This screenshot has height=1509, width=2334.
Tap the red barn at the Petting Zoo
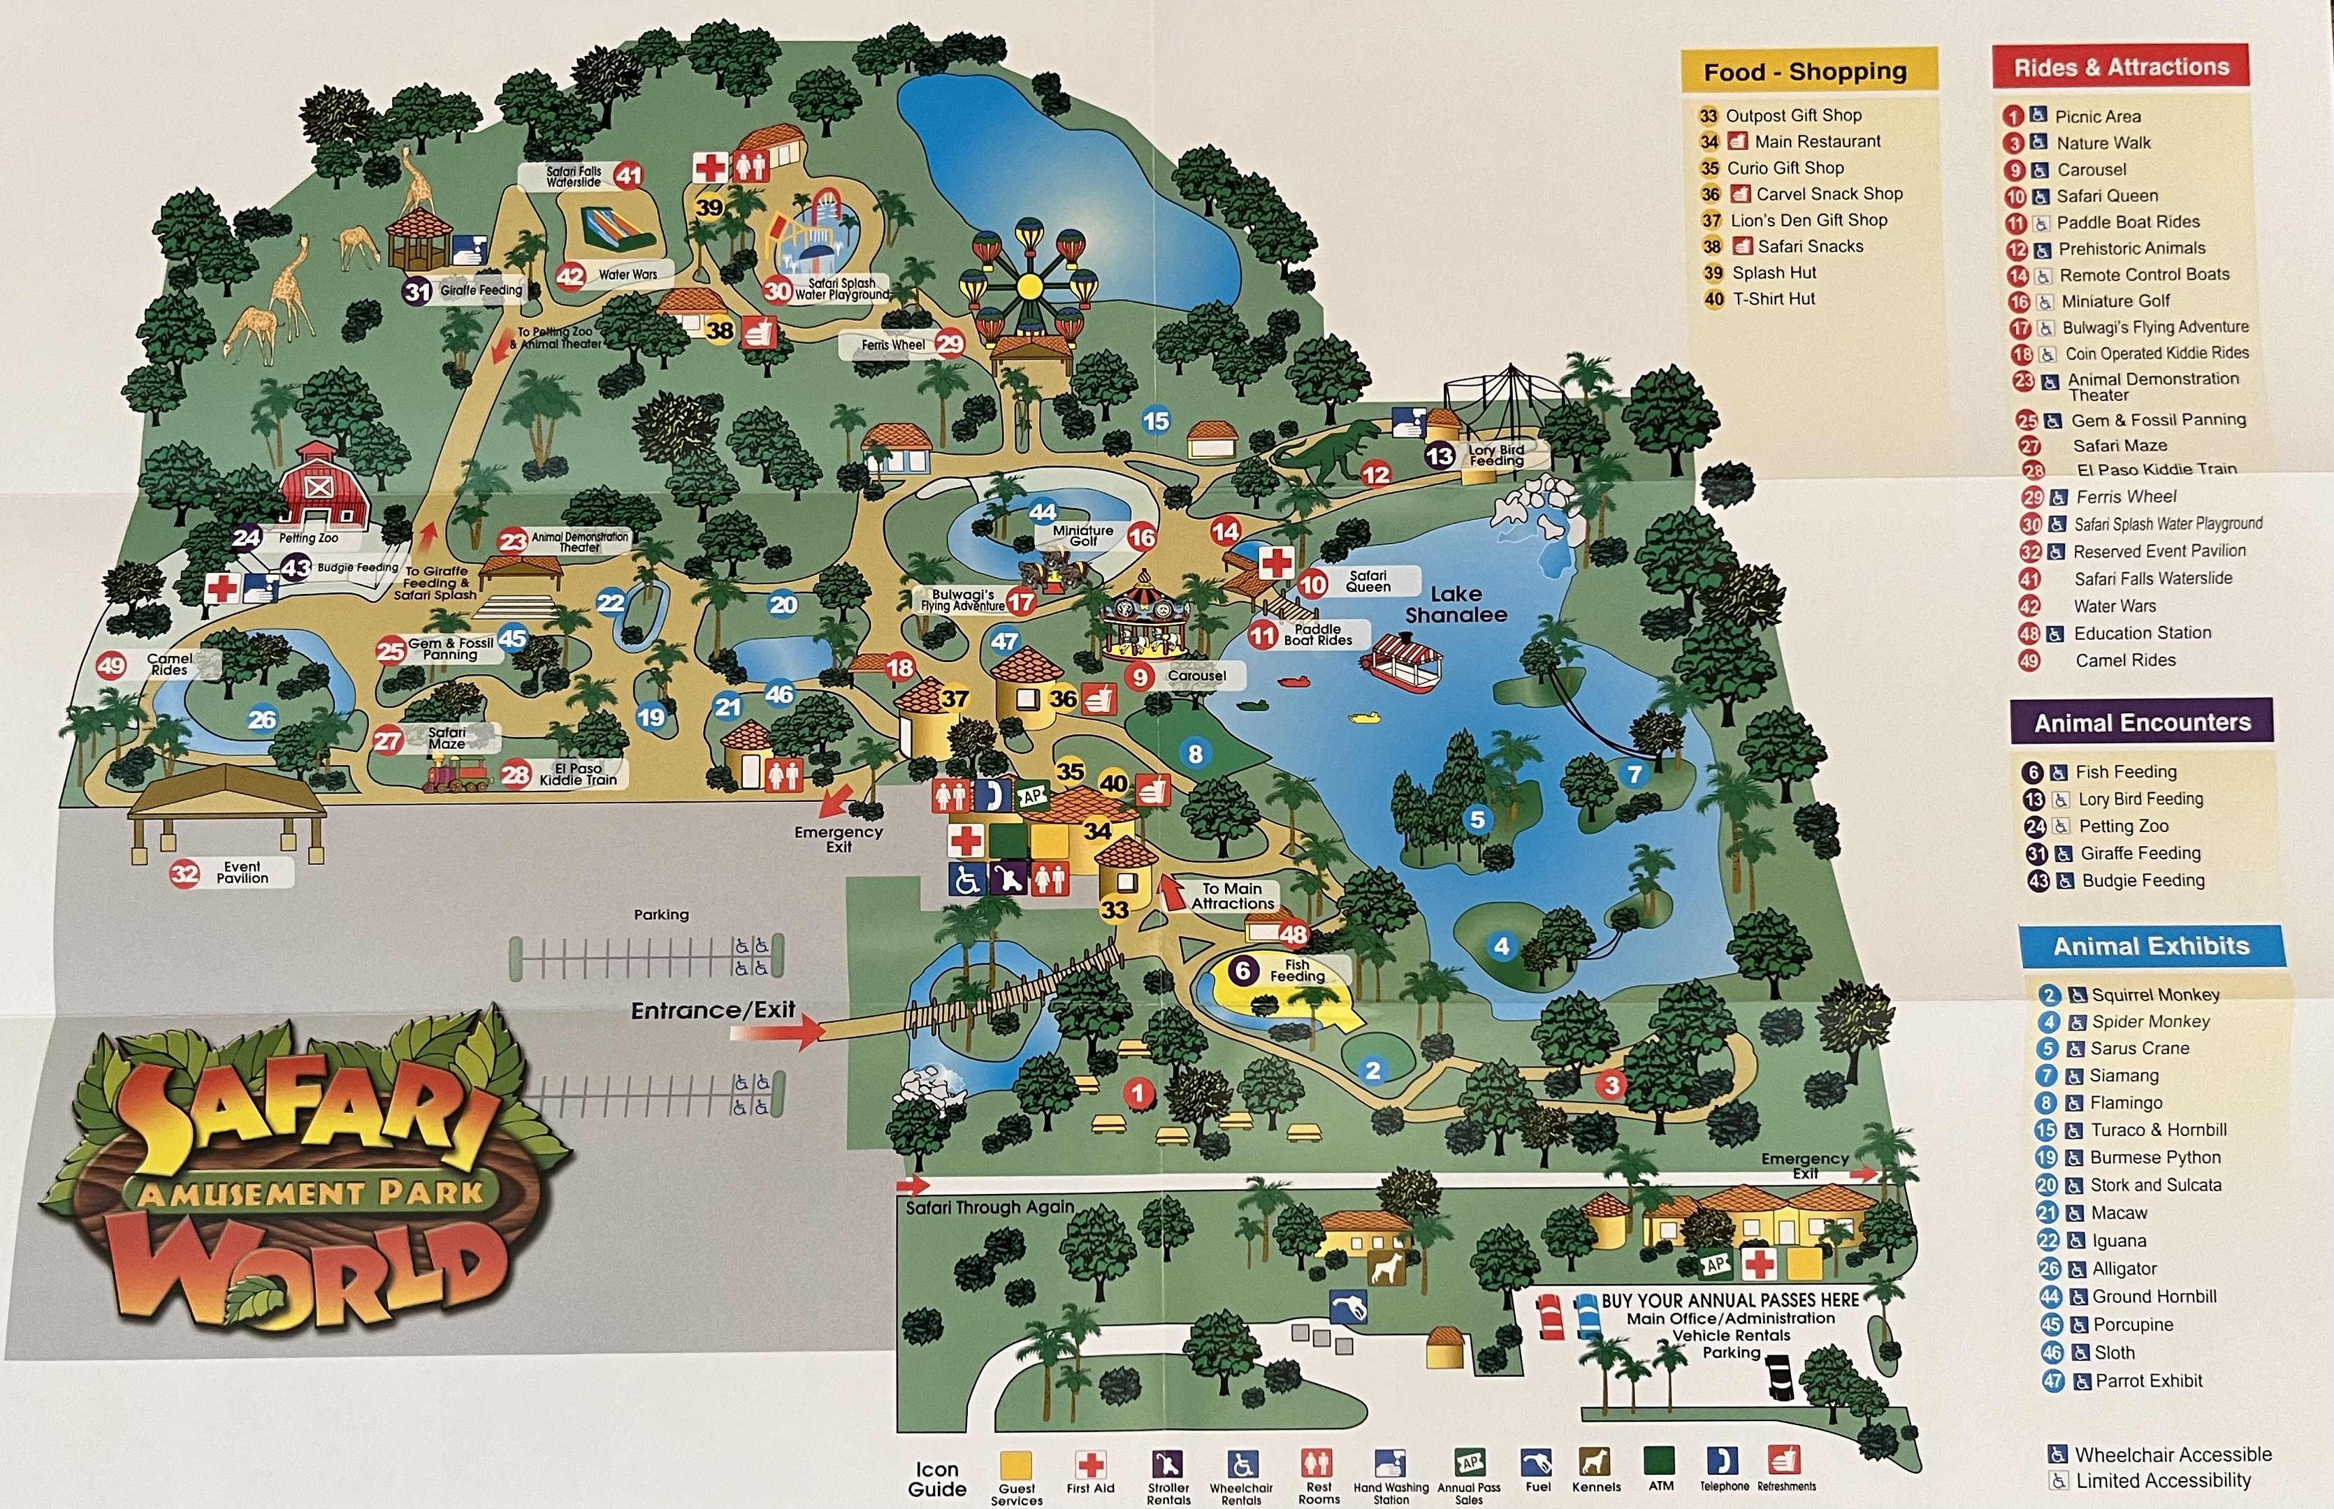pyautogui.click(x=321, y=487)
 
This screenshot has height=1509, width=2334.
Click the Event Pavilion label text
pyautogui.click(x=242, y=872)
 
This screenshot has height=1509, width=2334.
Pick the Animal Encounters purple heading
pyautogui.click(x=2142, y=722)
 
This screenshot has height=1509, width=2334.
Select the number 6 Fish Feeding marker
pyautogui.click(x=1242, y=970)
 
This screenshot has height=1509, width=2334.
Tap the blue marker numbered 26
pyautogui.click(x=261, y=720)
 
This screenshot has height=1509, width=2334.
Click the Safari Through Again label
pyautogui.click(x=990, y=1207)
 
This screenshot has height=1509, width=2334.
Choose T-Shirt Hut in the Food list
pyautogui.click(x=1774, y=299)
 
